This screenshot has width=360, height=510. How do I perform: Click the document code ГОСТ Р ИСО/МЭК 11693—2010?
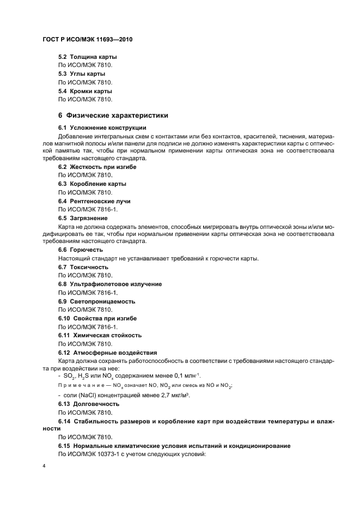point(88,40)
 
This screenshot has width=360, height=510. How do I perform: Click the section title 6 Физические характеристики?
point(113,116)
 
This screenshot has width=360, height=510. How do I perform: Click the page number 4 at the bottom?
point(43,466)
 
